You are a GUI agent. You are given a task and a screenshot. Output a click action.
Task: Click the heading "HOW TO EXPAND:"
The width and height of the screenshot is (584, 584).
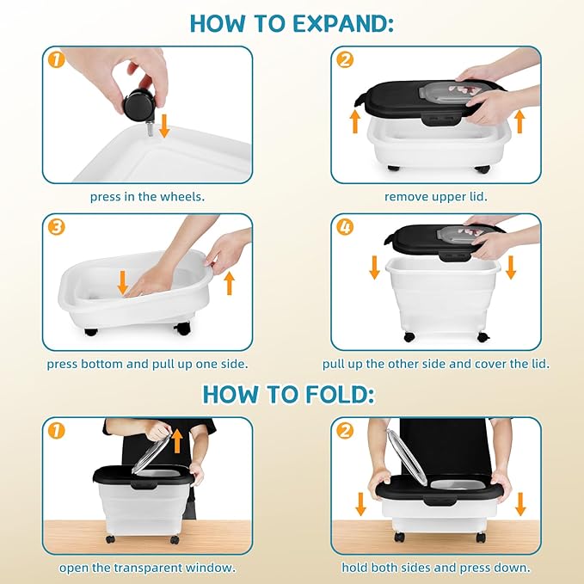(x=292, y=23)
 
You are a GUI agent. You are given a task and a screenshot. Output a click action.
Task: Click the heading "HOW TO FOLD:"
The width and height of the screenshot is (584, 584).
(x=289, y=394)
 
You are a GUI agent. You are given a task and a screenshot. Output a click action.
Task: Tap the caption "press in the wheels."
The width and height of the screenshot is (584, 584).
(x=147, y=197)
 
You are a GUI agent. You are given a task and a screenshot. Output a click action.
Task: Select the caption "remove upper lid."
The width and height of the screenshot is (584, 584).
(x=436, y=197)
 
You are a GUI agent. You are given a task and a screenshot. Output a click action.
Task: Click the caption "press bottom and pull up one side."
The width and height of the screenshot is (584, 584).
(x=147, y=364)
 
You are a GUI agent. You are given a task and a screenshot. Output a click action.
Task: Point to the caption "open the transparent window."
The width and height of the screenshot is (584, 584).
(x=147, y=568)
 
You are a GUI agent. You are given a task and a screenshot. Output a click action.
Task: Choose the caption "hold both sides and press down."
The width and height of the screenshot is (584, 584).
(x=436, y=568)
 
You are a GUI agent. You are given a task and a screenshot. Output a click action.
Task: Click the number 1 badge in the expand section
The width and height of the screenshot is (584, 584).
(x=56, y=59)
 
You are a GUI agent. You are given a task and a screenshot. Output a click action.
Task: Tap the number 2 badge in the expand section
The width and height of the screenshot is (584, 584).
(x=345, y=59)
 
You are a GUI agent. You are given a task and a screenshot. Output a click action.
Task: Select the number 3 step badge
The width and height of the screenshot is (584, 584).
(x=56, y=227)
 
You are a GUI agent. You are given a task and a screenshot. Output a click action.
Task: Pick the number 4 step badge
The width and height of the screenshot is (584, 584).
(x=345, y=227)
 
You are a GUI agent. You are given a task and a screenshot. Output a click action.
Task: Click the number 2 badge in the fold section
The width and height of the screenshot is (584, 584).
(x=345, y=431)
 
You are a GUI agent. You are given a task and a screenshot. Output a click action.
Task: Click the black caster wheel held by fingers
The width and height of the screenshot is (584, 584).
(x=137, y=106)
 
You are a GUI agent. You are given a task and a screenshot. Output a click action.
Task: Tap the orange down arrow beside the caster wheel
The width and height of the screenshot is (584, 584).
(x=164, y=126)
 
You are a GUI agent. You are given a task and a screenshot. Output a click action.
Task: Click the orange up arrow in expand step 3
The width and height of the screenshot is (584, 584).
(x=230, y=283)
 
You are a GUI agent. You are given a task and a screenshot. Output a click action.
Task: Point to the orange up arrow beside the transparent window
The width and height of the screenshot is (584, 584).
(x=178, y=441)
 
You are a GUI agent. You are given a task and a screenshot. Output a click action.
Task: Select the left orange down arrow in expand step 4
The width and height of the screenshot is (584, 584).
(x=375, y=267)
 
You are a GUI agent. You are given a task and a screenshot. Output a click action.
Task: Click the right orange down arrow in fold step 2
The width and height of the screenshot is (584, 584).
(x=520, y=504)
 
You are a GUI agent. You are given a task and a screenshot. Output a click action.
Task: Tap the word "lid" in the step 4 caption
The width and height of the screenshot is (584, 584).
(x=541, y=364)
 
